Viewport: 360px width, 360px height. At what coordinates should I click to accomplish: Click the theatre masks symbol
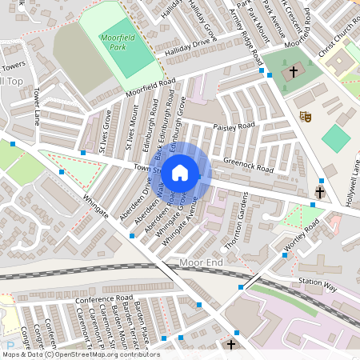[x=304, y=116]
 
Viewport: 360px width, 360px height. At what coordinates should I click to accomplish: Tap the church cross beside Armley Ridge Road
[x=293, y=72]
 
